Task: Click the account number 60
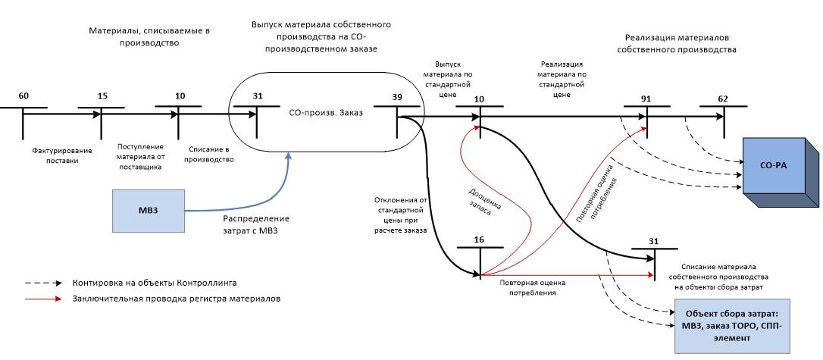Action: point(23,95)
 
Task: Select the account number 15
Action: point(102,95)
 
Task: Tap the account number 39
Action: point(397,95)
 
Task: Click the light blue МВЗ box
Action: point(148,209)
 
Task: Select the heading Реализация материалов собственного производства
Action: point(680,43)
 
